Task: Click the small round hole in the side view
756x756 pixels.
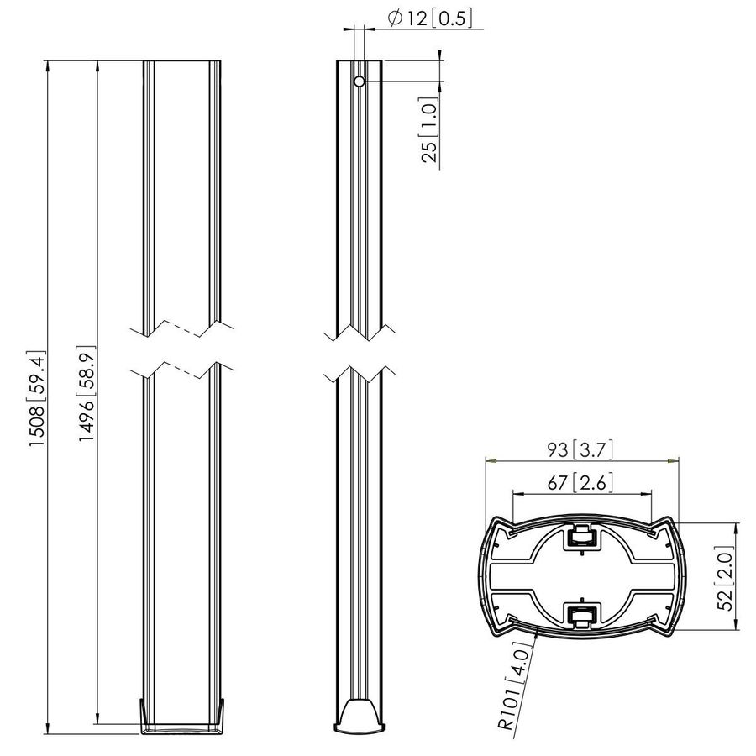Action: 359,81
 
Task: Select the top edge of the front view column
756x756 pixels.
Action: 182,60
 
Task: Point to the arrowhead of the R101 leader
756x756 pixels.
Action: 538,627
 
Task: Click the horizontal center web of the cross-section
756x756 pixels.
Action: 581,576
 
